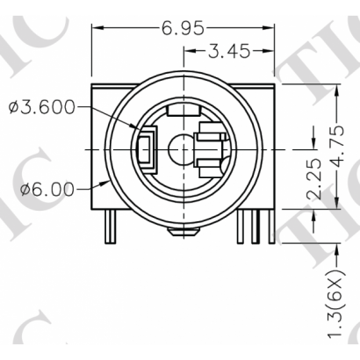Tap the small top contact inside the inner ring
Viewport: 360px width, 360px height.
point(183,112)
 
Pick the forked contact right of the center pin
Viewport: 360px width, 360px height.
point(212,146)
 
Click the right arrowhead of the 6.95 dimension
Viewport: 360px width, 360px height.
point(268,28)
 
